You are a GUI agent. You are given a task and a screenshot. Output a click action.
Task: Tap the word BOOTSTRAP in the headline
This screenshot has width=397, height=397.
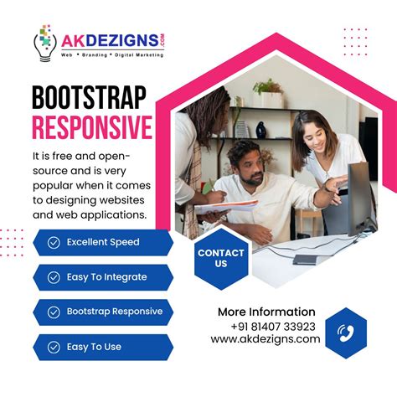coord(91,98)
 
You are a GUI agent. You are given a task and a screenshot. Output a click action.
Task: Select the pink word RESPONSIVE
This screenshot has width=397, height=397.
coord(91,128)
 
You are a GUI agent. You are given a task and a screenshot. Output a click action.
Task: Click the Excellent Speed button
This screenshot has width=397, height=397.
coord(101,242)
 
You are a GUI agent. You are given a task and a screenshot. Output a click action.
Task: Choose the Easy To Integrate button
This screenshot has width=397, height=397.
coord(101,276)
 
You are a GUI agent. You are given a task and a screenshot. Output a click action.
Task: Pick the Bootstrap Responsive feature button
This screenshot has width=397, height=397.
coord(101,312)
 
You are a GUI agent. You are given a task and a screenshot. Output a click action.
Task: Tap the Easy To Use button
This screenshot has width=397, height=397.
coord(101,347)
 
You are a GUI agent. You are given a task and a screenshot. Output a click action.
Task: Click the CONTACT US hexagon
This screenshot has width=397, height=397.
coord(221,258)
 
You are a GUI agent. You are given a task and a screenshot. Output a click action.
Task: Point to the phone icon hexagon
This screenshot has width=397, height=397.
coord(346,333)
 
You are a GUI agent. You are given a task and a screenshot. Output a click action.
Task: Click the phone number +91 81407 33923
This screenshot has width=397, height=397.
coord(273,326)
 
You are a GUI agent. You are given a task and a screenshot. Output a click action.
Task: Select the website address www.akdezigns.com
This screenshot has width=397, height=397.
coord(266,339)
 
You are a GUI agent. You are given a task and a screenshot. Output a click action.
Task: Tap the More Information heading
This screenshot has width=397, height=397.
coord(266,312)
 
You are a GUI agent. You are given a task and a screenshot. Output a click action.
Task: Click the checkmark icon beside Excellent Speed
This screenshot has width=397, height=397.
coord(54,242)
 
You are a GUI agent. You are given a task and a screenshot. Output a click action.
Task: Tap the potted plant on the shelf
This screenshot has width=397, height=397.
coord(269,88)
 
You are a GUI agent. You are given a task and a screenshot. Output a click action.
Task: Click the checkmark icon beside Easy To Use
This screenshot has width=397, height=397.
coord(54,347)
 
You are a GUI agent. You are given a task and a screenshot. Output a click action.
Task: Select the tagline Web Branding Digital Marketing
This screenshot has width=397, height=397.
coord(111,54)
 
